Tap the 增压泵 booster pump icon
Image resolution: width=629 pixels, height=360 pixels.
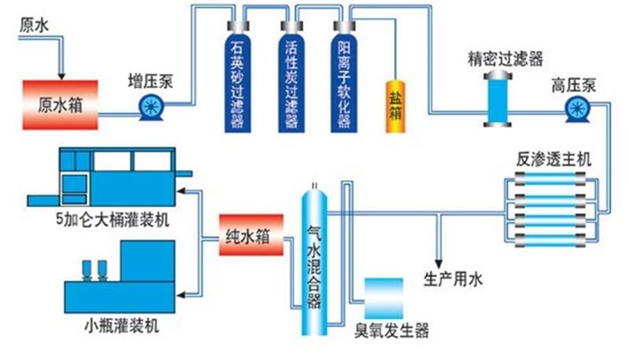[x=149, y=108]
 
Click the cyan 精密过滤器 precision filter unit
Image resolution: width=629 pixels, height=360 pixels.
[x=498, y=98]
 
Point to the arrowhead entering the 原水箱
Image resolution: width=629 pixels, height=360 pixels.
[x=64, y=75]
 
